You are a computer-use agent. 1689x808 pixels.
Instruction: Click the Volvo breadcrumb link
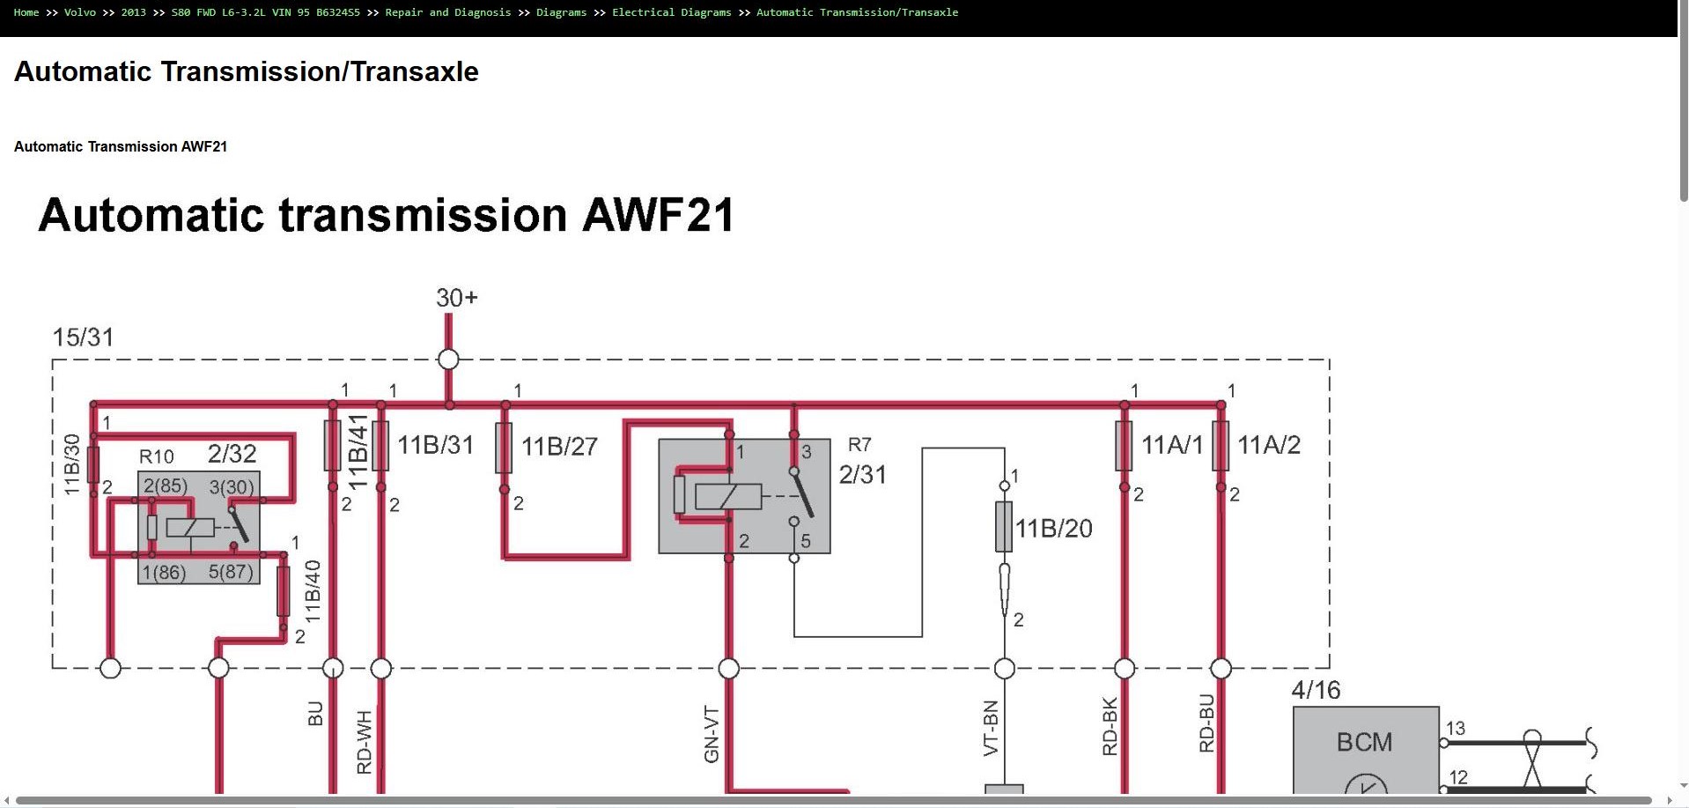79,12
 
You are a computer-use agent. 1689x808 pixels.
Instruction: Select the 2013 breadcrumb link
133,12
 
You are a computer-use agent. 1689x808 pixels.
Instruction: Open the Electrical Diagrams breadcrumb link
671,12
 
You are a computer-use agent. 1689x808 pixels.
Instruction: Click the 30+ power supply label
457,298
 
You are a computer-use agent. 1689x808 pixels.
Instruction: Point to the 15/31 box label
83,337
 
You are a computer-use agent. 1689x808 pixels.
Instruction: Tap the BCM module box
1366,750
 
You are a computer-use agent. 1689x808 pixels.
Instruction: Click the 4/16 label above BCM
1316,690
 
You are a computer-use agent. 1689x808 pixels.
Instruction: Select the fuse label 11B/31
435,445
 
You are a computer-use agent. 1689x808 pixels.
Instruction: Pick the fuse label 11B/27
559,447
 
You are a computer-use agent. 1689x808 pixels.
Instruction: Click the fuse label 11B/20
1054,529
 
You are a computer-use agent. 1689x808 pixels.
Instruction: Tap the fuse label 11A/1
1172,445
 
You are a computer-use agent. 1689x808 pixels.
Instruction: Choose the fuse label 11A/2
1269,445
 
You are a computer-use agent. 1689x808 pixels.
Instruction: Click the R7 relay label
859,445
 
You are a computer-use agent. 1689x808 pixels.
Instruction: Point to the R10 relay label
157,456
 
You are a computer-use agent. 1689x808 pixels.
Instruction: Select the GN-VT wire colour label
712,734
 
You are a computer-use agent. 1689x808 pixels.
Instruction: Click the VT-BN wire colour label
991,728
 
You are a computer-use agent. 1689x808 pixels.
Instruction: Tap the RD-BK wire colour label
1110,727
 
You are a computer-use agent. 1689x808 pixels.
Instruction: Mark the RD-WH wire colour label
365,742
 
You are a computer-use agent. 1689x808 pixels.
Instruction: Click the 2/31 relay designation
863,475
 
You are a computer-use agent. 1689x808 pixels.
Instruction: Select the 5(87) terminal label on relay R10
231,572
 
